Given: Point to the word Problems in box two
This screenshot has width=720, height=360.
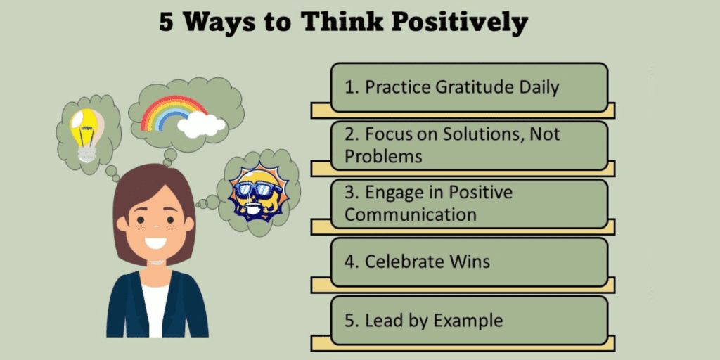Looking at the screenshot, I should [x=383, y=156].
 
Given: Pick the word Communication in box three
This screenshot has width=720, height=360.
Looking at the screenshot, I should [x=411, y=214].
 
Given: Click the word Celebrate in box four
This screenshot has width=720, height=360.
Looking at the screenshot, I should [x=403, y=262].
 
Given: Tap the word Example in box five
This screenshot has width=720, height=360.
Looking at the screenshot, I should [x=468, y=321].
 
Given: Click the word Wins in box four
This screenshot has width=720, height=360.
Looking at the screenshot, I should [x=469, y=262].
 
